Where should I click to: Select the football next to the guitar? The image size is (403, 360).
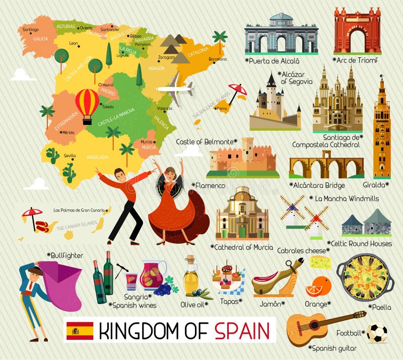[x=377, y=333]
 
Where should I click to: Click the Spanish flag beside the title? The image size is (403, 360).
[x=80, y=331]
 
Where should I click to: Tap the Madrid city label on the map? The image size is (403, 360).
[x=108, y=85]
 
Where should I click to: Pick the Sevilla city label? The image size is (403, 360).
[x=70, y=156]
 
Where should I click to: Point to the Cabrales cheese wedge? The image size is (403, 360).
[x=320, y=262]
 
